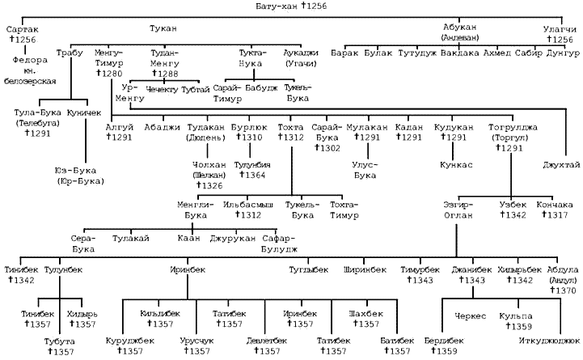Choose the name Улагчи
pos(559,29)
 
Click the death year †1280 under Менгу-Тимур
pos(108,72)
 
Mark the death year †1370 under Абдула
pos(564,289)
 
